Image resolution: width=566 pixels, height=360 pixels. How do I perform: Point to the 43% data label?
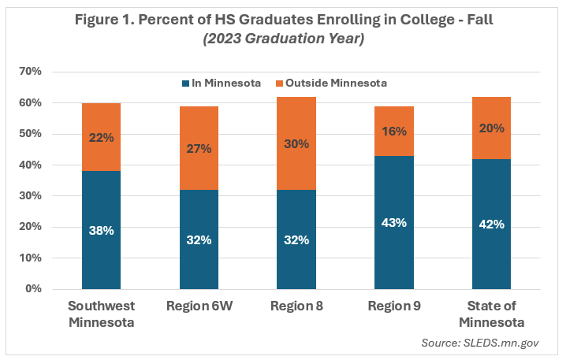[394, 223]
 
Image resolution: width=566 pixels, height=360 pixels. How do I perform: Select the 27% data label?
[199, 148]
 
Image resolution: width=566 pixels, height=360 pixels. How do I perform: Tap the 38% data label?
[101, 231]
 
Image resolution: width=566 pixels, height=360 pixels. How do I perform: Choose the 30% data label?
[296, 143]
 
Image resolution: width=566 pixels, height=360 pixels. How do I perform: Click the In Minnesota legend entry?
[222, 83]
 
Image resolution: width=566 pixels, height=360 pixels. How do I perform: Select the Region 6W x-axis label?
[199, 306]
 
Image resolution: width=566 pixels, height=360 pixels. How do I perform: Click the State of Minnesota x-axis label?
[492, 314]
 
